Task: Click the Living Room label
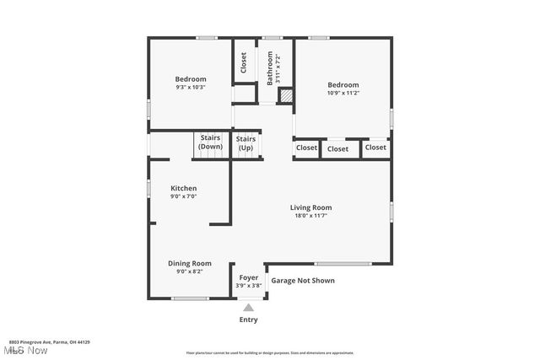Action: [310, 207]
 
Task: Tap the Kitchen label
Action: [184, 188]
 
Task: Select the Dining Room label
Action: [189, 263]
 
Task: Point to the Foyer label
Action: [248, 277]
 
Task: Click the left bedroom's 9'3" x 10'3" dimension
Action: [191, 87]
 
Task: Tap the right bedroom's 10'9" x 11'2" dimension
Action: [343, 93]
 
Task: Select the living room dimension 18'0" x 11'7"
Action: [310, 216]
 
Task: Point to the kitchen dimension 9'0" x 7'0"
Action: [183, 196]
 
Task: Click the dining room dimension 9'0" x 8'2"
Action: [189, 271]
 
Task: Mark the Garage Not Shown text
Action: [302, 281]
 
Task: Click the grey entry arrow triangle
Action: [248, 308]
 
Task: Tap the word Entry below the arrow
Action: [248, 320]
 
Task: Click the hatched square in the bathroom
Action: [286, 96]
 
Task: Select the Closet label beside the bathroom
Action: [244, 63]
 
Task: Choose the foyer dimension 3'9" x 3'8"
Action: [248, 285]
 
